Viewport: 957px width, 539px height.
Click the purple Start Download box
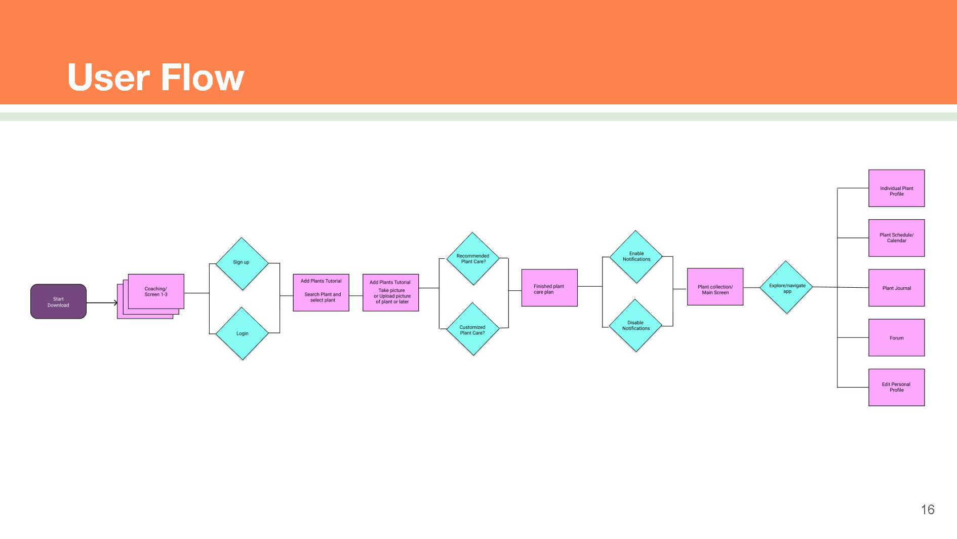tap(58, 301)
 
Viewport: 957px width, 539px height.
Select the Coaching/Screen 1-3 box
tap(156, 291)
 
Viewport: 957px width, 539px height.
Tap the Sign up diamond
tap(242, 263)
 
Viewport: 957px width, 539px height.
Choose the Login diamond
tap(242, 333)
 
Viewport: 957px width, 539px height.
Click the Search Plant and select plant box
tap(321, 293)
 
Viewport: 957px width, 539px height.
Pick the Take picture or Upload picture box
tap(390, 293)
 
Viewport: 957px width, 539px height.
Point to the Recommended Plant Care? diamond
tap(473, 259)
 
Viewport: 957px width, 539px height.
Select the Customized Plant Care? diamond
tap(473, 329)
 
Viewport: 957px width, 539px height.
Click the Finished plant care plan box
tap(549, 288)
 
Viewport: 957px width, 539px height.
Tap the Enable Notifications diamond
tap(636, 256)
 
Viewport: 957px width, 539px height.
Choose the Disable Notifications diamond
tap(636, 325)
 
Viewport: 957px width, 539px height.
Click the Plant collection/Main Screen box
tap(715, 287)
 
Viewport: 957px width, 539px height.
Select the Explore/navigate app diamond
tap(786, 287)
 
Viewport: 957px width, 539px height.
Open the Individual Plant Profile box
tap(896, 188)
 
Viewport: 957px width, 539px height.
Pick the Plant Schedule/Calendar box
tap(896, 238)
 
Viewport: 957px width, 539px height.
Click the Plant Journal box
tap(896, 288)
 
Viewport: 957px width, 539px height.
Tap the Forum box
tap(896, 338)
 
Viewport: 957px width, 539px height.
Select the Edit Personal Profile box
tap(896, 388)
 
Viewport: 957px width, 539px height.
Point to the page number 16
tap(928, 510)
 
